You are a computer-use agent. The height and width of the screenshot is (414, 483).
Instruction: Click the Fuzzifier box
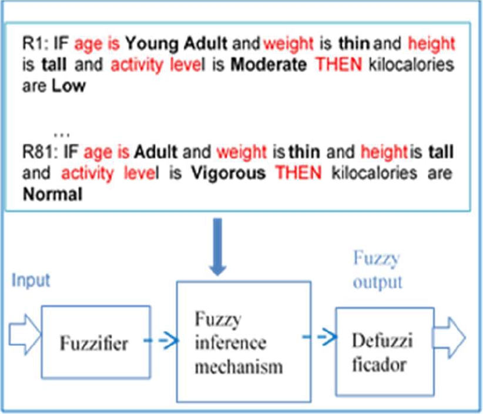[93, 343]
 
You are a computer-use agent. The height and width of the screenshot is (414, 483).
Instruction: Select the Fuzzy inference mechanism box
[243, 341]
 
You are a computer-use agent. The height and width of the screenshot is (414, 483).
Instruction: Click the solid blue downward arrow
[219, 248]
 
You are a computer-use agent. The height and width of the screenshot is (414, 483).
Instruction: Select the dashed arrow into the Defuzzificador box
[318, 337]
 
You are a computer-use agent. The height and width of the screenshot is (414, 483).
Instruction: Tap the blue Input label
[31, 280]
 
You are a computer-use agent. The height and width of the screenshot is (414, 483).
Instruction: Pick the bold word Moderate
[269, 64]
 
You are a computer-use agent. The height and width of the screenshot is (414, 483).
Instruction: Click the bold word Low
[68, 86]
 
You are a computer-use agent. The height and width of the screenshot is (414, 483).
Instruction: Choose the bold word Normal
[52, 195]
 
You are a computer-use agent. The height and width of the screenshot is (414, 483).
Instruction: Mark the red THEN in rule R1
[340, 64]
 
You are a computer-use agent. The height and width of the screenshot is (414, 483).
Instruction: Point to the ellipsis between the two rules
[62, 130]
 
